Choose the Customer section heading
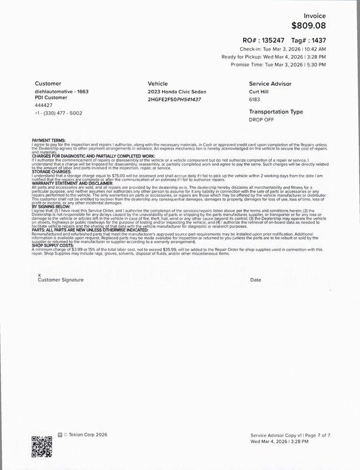(48, 83)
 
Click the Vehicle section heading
(158, 83)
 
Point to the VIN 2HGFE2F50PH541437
(174, 99)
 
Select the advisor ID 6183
(255, 99)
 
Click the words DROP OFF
(262, 119)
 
